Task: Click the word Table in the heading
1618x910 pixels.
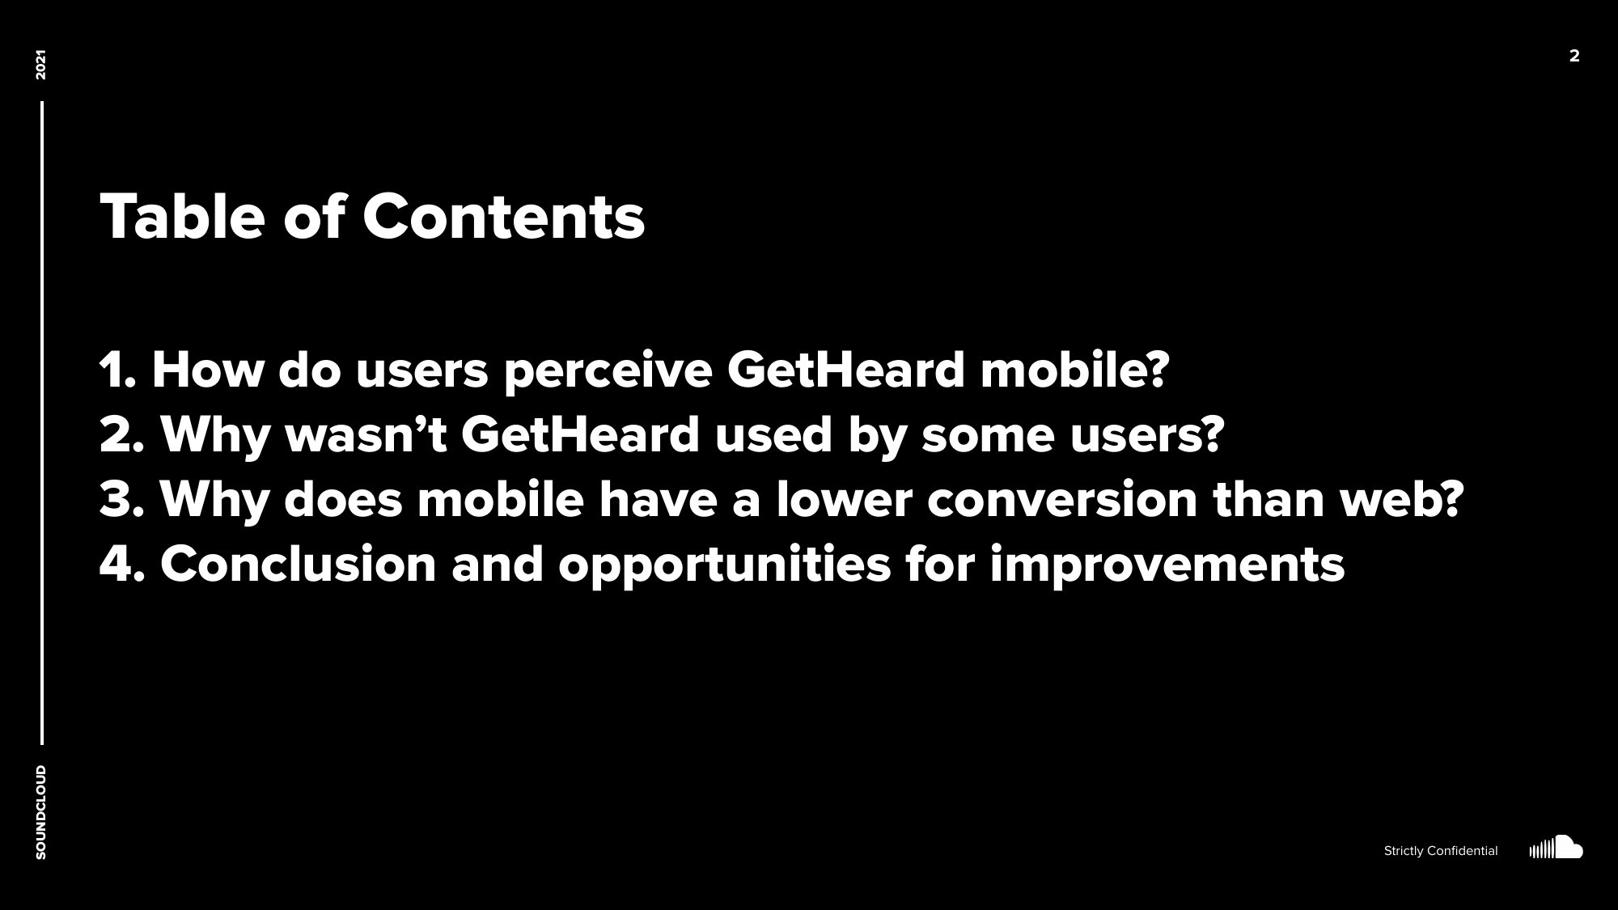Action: point(182,217)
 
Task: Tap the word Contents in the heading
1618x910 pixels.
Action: point(503,217)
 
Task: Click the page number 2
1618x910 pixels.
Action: point(1574,56)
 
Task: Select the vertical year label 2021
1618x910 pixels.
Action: point(41,65)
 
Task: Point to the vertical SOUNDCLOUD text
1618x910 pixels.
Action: point(41,812)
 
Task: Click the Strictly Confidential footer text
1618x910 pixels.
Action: point(1440,851)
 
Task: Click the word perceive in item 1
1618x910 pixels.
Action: point(607,370)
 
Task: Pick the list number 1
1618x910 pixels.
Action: point(116,370)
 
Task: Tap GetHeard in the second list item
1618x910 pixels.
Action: point(579,434)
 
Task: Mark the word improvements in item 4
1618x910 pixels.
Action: point(1167,564)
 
